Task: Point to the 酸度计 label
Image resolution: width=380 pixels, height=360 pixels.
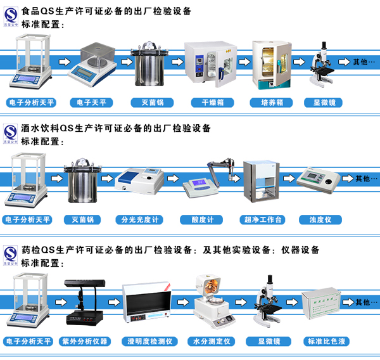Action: tap(206, 220)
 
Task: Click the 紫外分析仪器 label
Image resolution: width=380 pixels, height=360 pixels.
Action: tap(84, 342)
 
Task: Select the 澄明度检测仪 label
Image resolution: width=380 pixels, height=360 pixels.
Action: tap(149, 342)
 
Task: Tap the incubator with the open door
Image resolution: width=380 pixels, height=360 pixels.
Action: tap(270, 64)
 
